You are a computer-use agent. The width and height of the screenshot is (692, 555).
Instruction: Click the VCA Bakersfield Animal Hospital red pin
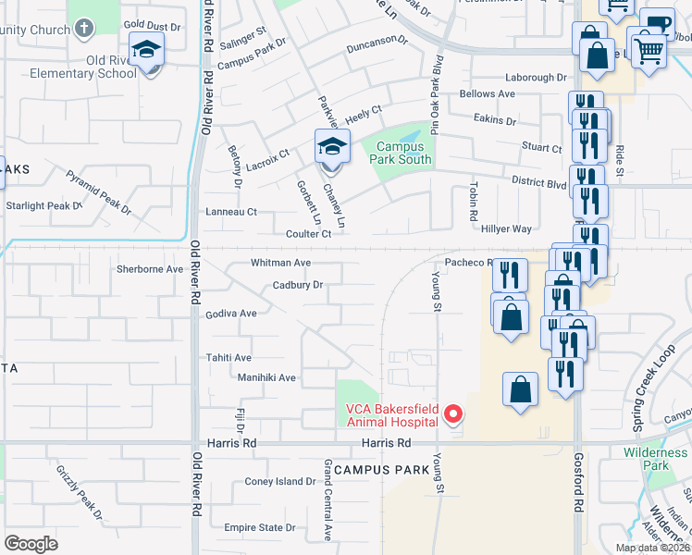tap(453, 414)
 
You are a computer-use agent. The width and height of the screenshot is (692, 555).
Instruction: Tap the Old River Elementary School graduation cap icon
tap(146, 51)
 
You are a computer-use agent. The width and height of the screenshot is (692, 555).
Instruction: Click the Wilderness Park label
tap(655, 459)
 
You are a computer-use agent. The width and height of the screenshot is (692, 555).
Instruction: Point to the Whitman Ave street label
tap(280, 263)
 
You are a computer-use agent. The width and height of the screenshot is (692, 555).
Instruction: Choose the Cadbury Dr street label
tap(298, 285)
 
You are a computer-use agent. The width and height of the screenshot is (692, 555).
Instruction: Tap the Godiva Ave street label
tap(230, 314)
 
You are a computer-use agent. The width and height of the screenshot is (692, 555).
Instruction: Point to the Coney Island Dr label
tap(280, 482)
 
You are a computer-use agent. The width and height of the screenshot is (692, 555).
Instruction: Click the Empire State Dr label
tap(259, 528)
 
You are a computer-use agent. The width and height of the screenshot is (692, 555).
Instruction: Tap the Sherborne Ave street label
tap(150, 269)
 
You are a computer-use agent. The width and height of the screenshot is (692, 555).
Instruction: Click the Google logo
tap(31, 543)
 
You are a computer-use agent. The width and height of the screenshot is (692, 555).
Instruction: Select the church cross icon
tap(84, 29)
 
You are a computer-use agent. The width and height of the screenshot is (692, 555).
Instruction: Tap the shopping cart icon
tap(649, 52)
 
